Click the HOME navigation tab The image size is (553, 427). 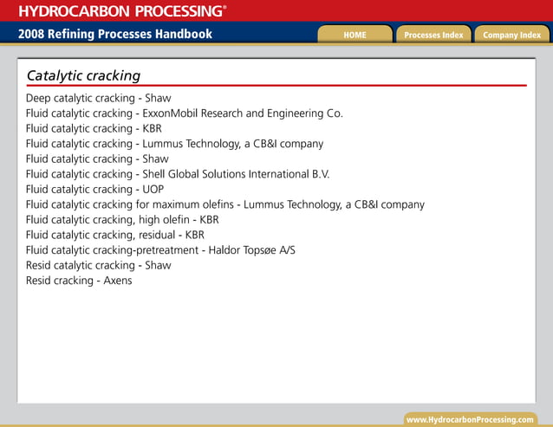tap(355, 35)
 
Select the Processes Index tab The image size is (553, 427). tap(433, 35)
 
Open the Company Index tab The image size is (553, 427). tap(511, 35)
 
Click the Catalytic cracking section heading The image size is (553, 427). tap(83, 75)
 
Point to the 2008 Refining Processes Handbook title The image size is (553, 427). tap(114, 35)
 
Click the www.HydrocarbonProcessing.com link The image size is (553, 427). tap(470, 419)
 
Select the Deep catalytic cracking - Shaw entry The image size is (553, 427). tap(97, 98)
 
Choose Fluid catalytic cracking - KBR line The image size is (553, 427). tap(94, 128)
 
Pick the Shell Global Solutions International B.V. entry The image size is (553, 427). tap(178, 174)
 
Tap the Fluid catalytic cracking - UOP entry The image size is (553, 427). tap(94, 189)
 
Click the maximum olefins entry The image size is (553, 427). tap(224, 204)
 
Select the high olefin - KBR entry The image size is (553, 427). tap(122, 220)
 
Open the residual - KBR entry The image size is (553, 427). tap(114, 235)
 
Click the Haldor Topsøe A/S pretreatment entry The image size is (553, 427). tap(160, 250)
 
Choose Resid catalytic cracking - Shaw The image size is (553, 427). tap(98, 265)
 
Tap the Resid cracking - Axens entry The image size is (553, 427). tap(79, 281)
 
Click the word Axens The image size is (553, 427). tap(118, 281)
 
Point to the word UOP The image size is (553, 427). tap(153, 189)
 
